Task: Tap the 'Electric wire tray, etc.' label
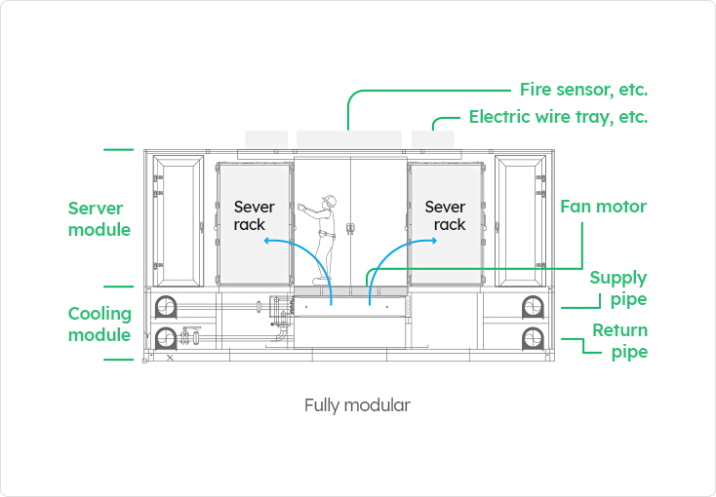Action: click(558, 117)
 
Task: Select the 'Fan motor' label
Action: click(603, 207)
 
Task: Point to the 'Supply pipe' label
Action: click(617, 288)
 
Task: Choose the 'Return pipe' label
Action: click(619, 341)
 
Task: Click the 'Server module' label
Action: click(99, 219)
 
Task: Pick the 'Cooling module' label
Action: click(99, 325)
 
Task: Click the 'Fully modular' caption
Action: click(357, 404)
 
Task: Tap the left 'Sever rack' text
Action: click(255, 215)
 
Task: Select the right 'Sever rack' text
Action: click(445, 215)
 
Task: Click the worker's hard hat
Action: click(331, 201)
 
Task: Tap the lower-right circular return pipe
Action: click(532, 339)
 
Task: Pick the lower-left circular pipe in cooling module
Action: click(165, 339)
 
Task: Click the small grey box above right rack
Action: click(432, 139)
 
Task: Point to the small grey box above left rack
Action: click(266, 139)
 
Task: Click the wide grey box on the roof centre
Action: click(349, 139)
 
